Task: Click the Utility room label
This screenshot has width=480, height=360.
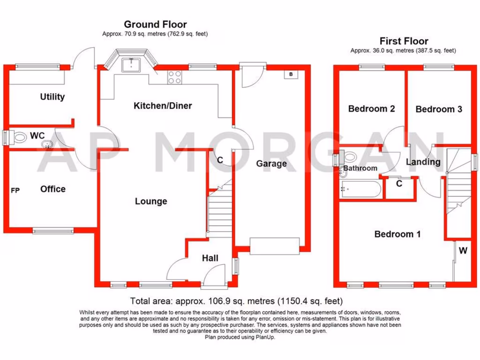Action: pos(52,97)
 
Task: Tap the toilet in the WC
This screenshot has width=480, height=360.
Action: pos(19,138)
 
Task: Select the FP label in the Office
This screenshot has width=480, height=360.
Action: pos(15,190)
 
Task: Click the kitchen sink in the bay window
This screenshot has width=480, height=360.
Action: pos(131,65)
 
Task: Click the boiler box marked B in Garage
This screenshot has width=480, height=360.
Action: pos(291,75)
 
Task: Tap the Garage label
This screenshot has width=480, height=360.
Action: pos(271,164)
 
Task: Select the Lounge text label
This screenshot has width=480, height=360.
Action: pos(151,202)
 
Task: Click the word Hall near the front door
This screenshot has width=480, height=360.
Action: pos(210,258)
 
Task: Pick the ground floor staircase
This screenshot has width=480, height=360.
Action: pos(219,211)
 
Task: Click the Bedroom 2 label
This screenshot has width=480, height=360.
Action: pos(371,109)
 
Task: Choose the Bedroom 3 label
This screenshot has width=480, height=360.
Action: pos(439,109)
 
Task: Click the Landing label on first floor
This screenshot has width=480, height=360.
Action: pos(423,162)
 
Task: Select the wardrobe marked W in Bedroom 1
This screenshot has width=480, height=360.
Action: pos(463,251)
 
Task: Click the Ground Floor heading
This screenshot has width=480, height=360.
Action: pos(155,24)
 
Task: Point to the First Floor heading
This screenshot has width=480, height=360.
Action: pos(404,41)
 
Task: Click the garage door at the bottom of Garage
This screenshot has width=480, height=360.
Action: pos(274,246)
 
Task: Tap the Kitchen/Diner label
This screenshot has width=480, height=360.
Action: pos(163,106)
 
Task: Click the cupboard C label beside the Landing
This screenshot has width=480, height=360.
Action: pos(399,184)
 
